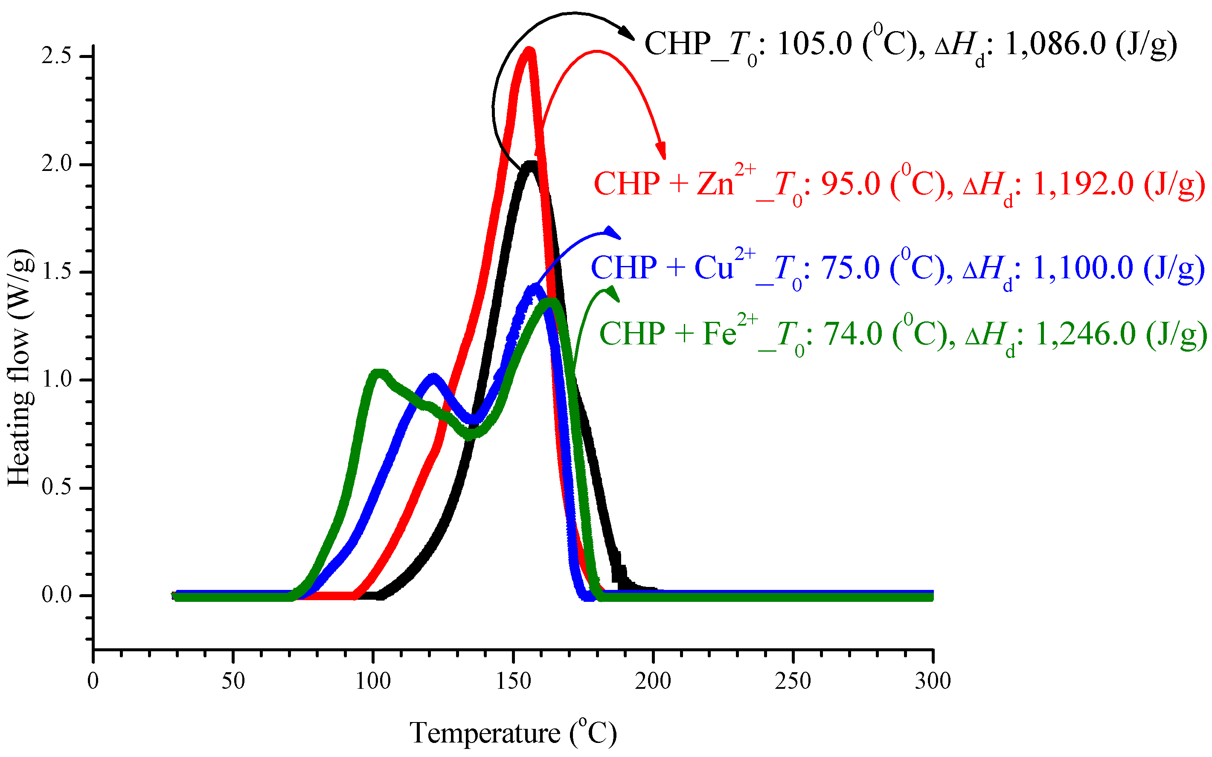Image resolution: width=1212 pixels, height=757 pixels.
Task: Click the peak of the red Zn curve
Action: [529, 50]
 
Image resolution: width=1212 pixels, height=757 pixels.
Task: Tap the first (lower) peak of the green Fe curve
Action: [379, 373]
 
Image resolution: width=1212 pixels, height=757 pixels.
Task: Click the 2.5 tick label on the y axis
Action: [56, 56]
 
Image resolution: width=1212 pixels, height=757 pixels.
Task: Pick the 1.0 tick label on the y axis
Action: [56, 379]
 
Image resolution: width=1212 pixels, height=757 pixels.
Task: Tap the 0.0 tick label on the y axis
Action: [56, 595]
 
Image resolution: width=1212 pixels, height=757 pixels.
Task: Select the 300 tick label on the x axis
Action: [933, 682]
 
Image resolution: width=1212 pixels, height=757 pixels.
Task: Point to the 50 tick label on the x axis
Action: [233, 682]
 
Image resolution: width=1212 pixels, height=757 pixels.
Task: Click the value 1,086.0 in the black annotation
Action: [1055, 44]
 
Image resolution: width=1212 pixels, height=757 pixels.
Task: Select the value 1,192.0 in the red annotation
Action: [1082, 184]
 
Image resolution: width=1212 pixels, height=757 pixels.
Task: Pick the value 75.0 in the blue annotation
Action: [850, 267]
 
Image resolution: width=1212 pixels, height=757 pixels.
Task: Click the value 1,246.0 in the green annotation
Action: [1084, 334]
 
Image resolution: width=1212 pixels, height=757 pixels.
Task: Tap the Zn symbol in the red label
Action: [715, 184]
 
